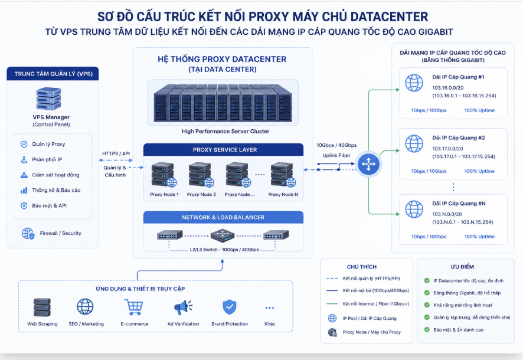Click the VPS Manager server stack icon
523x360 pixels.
coord(48,99)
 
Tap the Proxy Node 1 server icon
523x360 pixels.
coord(164,174)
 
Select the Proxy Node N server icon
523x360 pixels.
coord(283,174)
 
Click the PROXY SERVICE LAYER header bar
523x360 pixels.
coord(224,150)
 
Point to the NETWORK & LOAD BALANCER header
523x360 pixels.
coord(224,217)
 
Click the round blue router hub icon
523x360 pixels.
coord(368,164)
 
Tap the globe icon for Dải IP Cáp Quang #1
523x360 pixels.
coord(414,83)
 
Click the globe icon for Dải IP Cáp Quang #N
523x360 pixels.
coord(414,209)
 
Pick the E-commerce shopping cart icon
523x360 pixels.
coord(134,307)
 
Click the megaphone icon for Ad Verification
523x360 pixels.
coord(183,307)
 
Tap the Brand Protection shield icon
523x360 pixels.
coord(230,307)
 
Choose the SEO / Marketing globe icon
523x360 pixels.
coord(85,307)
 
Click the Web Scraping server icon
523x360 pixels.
coord(42,307)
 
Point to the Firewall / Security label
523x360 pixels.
coord(60,233)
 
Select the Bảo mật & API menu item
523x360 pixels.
coord(50,205)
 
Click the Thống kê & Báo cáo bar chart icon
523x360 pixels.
coord(24,191)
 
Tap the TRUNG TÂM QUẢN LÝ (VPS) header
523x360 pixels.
coord(53,74)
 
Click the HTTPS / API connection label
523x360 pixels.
coord(116,153)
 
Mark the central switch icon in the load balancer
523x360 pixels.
coord(223,235)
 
